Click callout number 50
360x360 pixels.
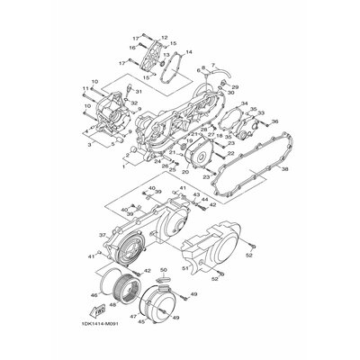click(x=164, y=269)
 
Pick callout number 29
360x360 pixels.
click(x=237, y=86)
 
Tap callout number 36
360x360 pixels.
click(x=274, y=121)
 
